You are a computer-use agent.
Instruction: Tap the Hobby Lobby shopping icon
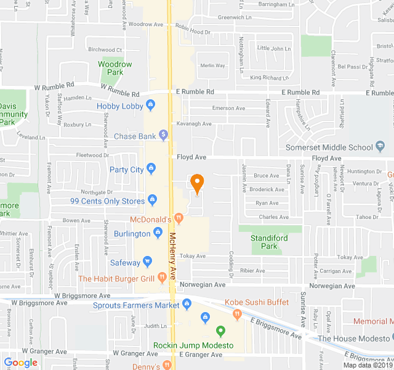150,106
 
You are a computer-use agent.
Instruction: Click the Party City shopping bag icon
151,169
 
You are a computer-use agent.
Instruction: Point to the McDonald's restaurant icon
179,218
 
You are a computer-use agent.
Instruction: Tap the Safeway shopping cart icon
148,262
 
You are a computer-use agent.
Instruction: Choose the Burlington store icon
158,233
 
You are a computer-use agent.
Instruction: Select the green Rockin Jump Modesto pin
220,333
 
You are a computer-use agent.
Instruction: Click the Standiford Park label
265,242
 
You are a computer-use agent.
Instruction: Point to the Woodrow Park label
115,68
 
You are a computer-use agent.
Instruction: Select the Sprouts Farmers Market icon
187,305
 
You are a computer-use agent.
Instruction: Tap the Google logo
21,363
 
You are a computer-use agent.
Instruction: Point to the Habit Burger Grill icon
162,277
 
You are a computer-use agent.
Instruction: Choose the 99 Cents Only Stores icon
152,200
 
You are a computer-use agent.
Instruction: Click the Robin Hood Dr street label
193,28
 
